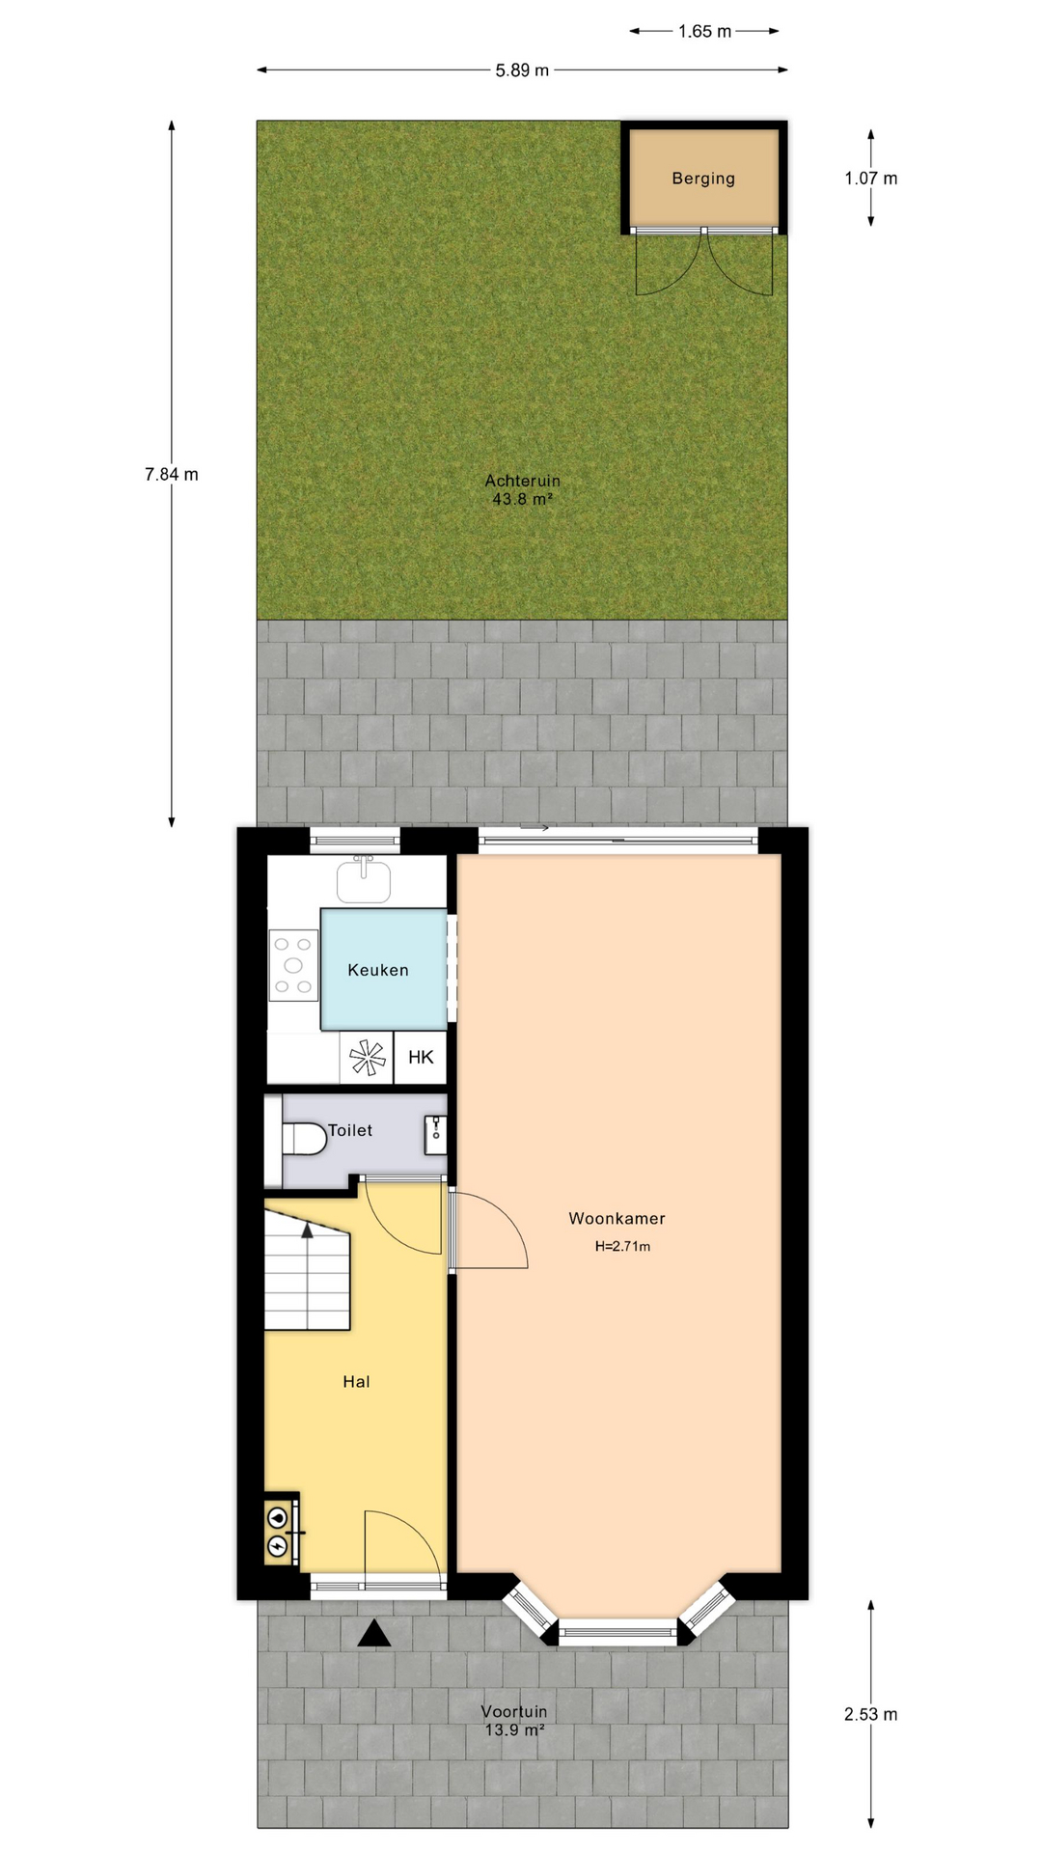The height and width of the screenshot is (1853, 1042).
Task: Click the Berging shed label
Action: point(703,179)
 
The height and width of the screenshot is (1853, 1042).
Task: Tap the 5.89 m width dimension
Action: point(522,70)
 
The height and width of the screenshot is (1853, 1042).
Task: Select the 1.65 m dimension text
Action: point(704,32)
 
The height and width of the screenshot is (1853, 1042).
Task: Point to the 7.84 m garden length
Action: point(172,474)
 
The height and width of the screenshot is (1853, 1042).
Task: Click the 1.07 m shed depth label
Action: point(870,179)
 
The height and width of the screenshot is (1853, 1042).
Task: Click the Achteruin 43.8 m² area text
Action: point(522,489)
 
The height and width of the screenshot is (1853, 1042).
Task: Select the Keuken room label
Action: point(378,970)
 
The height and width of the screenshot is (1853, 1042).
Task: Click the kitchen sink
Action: point(364,879)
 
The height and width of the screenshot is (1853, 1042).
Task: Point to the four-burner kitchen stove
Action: point(293,965)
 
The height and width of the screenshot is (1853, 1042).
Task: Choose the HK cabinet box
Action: point(421,1057)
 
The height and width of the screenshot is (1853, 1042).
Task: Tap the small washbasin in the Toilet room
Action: point(435,1135)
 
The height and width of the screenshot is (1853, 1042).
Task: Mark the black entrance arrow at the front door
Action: point(374,1633)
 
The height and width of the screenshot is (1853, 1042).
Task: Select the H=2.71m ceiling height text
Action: point(622,1246)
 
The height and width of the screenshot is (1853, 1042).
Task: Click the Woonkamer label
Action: point(617,1218)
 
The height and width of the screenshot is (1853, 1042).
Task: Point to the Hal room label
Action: point(356,1381)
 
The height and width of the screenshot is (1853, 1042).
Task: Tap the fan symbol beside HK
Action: point(368,1058)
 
